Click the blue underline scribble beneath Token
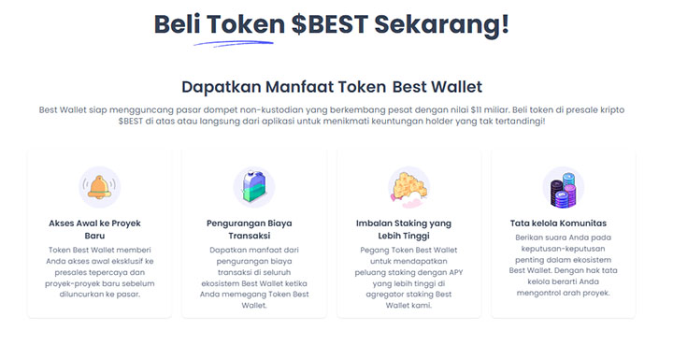(233, 41)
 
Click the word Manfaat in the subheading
(300, 87)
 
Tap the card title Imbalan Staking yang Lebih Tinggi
(408, 229)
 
